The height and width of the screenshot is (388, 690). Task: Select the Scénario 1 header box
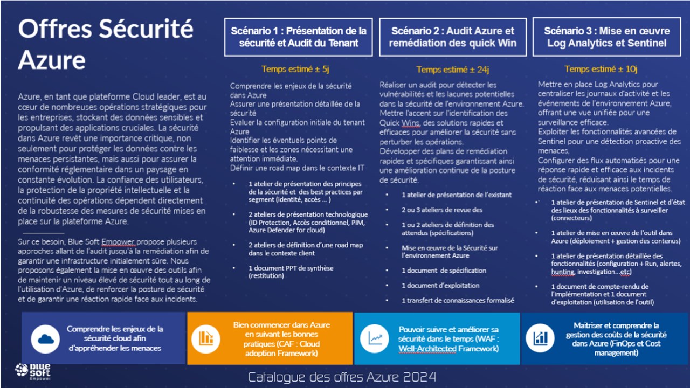[298, 37]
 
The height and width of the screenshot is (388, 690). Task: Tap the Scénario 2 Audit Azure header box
[453, 37]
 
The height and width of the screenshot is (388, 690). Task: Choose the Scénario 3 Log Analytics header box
[607, 37]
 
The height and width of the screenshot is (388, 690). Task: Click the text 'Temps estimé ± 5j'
[295, 69]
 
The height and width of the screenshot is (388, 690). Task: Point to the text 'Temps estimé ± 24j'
[452, 70]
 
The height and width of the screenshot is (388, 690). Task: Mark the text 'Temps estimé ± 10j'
[601, 69]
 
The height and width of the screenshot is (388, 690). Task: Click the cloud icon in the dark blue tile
[45, 338]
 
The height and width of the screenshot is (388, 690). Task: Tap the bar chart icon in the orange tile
[205, 338]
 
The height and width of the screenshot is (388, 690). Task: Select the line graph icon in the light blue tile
[375, 338]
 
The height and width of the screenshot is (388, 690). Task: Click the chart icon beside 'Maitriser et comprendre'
[540, 338]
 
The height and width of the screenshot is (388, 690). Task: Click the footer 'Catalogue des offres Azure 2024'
[342, 377]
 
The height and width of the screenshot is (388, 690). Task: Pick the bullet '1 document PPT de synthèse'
[291, 272]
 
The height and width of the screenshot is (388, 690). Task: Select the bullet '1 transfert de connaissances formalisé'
[458, 300]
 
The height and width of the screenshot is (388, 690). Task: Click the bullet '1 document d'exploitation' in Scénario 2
[440, 285]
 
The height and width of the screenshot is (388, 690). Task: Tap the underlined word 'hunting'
[563, 272]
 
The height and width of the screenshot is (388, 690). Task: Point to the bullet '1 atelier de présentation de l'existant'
[457, 195]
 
